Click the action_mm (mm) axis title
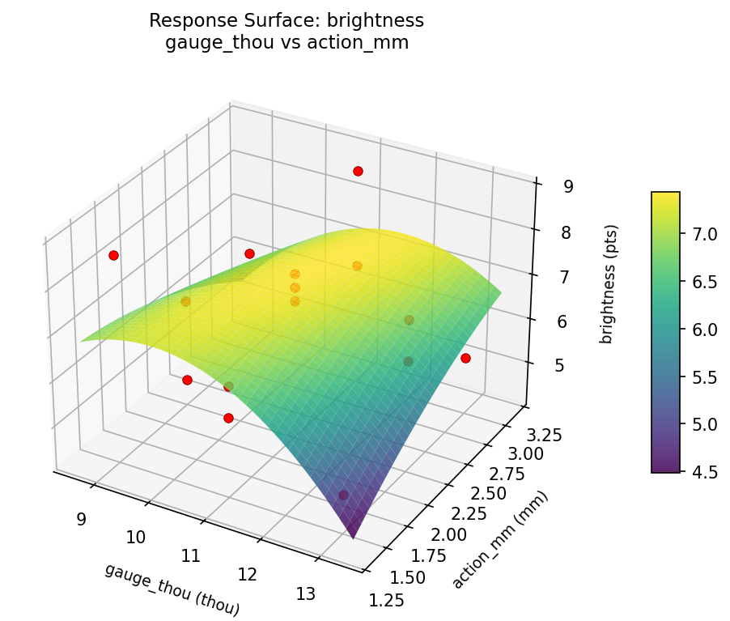point(500,539)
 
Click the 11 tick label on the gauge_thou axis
point(192,555)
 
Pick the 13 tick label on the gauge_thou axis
point(305,594)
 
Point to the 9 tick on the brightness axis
point(568,187)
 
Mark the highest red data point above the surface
point(358,171)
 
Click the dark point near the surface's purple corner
point(343,495)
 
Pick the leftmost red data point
point(113,255)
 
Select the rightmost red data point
point(465,358)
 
